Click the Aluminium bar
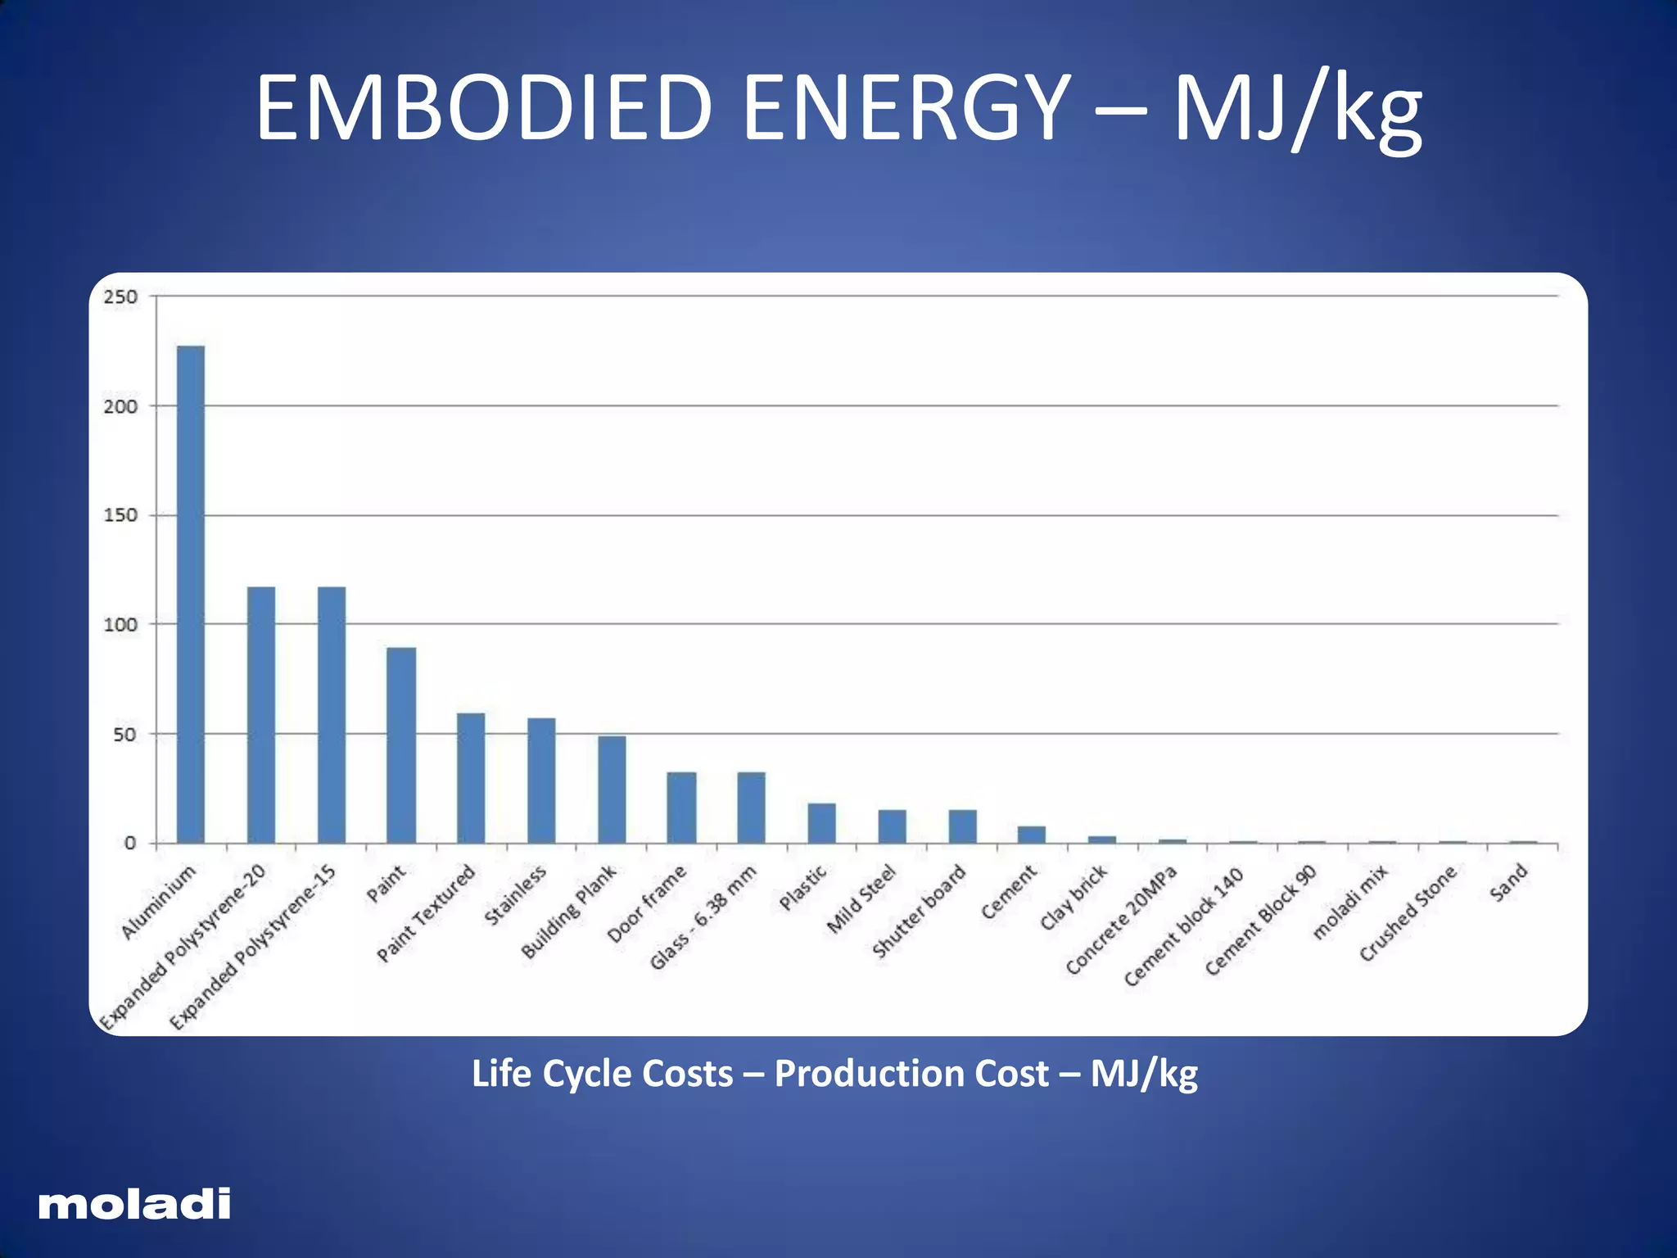coord(191,594)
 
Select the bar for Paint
coord(401,744)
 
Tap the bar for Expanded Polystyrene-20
coord(261,714)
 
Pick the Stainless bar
coord(541,780)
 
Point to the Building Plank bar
coord(612,789)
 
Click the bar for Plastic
coord(821,822)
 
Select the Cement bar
coord(1032,834)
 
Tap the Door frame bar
coord(681,807)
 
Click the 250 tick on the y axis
coord(120,296)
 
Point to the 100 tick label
coord(120,625)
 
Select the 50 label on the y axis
coord(124,735)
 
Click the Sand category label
coord(1509,884)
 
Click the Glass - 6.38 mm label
coord(703,918)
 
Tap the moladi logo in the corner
coord(134,1204)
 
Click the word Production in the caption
coord(911,1074)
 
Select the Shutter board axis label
coord(919,912)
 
